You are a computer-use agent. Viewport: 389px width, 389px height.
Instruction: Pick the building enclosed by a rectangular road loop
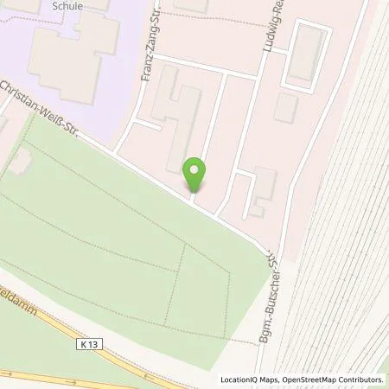[x=303, y=57]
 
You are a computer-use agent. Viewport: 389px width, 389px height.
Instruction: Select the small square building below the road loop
[x=286, y=108]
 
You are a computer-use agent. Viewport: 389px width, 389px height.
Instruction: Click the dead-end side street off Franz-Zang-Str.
[x=148, y=124]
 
